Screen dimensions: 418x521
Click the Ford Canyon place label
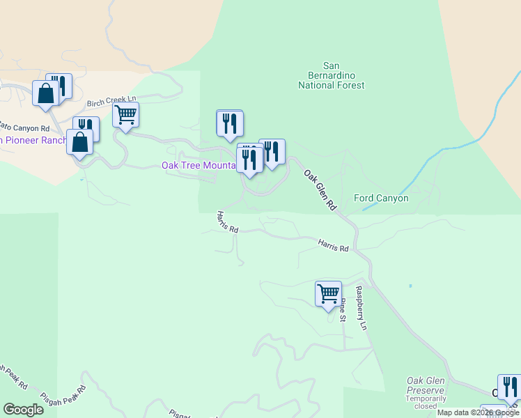[381, 198]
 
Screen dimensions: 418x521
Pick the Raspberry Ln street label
[361, 307]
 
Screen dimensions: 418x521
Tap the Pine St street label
[343, 310]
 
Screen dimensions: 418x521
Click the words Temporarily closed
[425, 403]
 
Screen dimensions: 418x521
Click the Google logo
[23, 410]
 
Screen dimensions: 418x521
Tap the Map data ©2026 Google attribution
[479, 412]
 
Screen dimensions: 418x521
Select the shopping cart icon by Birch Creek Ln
[126, 115]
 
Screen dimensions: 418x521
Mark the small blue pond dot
[410, 286]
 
